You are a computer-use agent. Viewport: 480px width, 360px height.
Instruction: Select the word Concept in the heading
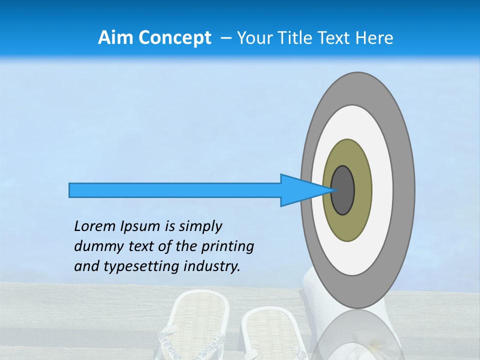point(174,37)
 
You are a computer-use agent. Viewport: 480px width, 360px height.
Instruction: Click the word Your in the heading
point(253,37)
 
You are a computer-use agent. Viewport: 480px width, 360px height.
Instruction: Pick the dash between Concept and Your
point(225,38)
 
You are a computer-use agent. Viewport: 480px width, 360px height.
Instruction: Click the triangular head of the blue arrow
point(300,190)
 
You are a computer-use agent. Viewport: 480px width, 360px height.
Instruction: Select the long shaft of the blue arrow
point(175,190)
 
